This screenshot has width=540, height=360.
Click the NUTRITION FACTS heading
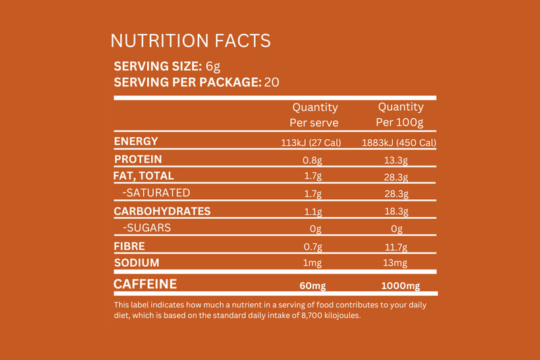pyautogui.click(x=190, y=41)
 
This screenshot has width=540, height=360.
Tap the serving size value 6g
pyautogui.click(x=213, y=66)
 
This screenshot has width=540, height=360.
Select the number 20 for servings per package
pyautogui.click(x=271, y=82)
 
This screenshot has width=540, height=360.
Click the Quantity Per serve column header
pyautogui.click(x=314, y=115)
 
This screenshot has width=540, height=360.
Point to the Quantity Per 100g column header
pyautogui.click(x=400, y=115)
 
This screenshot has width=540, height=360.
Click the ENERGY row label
pyautogui.click(x=136, y=141)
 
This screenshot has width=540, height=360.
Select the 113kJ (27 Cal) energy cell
pyautogui.click(x=311, y=143)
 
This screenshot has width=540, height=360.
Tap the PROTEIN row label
pyautogui.click(x=138, y=159)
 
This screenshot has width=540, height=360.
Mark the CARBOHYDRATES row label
pyautogui.click(x=162, y=211)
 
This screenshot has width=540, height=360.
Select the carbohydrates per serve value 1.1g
pyautogui.click(x=311, y=211)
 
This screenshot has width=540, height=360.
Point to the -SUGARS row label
pyautogui.click(x=146, y=228)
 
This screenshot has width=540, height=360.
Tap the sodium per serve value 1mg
pyautogui.click(x=311, y=263)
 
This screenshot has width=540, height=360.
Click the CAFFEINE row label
pyautogui.click(x=145, y=284)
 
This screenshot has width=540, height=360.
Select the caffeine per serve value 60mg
pyautogui.click(x=311, y=286)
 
